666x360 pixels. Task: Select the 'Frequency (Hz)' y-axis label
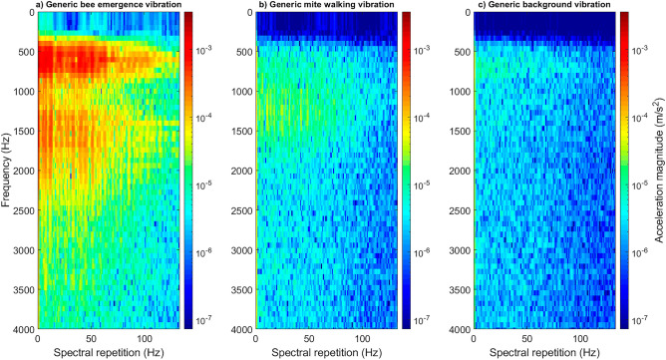pyautogui.click(x=7, y=171)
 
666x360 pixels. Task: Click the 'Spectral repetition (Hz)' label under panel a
pyautogui.click(x=109, y=352)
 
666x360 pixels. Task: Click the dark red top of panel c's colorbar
pyautogui.click(x=623, y=18)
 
